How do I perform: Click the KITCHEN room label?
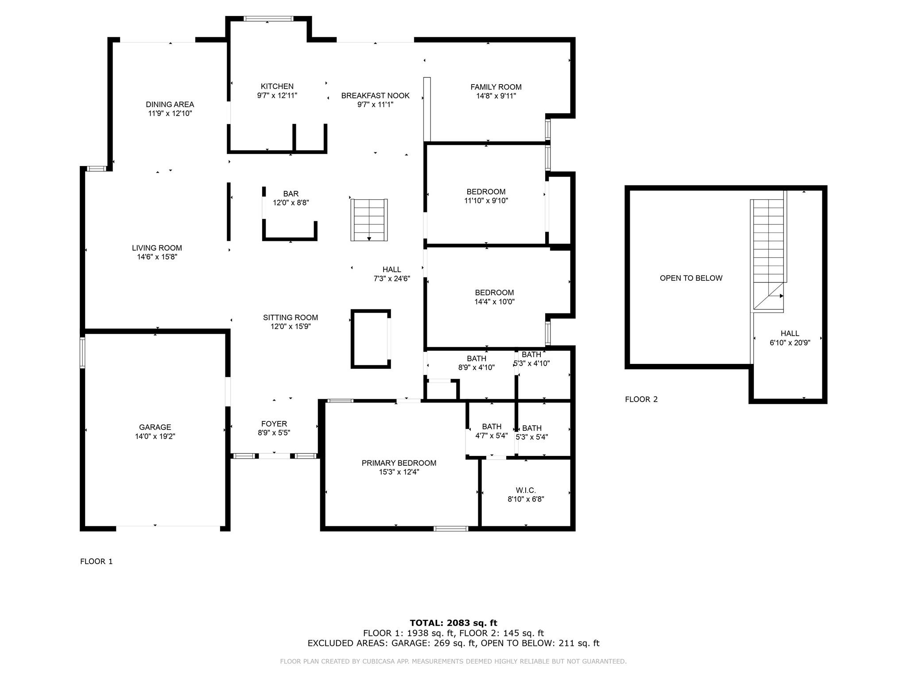pyautogui.click(x=277, y=86)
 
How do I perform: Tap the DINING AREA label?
pyautogui.click(x=170, y=104)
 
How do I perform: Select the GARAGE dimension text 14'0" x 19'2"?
pyautogui.click(x=155, y=436)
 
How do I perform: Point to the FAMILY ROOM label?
pyautogui.click(x=496, y=87)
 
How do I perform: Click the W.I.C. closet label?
pyautogui.click(x=526, y=490)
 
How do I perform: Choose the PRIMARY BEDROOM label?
pyautogui.click(x=399, y=463)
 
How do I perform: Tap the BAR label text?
pyautogui.click(x=291, y=193)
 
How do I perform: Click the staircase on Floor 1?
pyautogui.click(x=369, y=220)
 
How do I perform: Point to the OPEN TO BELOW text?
pyautogui.click(x=691, y=278)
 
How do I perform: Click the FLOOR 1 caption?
pyautogui.click(x=97, y=561)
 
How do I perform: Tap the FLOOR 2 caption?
pyautogui.click(x=641, y=399)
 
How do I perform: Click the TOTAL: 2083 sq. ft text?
pyautogui.click(x=453, y=623)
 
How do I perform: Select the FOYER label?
pyautogui.click(x=274, y=424)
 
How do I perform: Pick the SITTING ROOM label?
pyautogui.click(x=291, y=317)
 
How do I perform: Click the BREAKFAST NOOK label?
pyautogui.click(x=376, y=96)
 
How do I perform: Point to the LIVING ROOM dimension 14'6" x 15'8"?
pyautogui.click(x=157, y=257)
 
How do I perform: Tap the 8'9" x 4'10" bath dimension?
pyautogui.click(x=477, y=367)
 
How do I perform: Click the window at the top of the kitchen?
pyautogui.click(x=268, y=19)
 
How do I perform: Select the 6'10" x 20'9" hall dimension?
pyautogui.click(x=790, y=342)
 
